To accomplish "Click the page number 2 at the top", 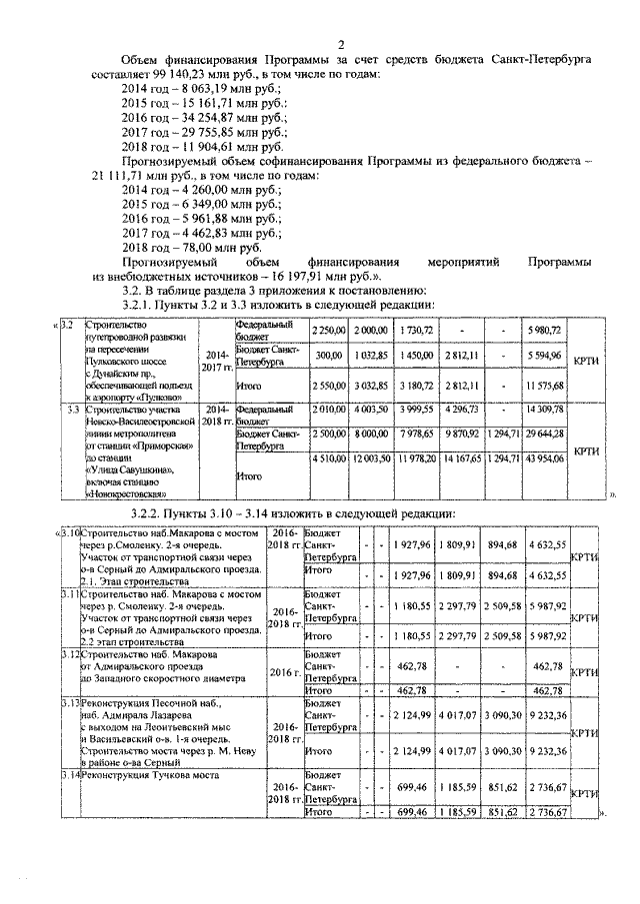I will (x=341, y=44).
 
